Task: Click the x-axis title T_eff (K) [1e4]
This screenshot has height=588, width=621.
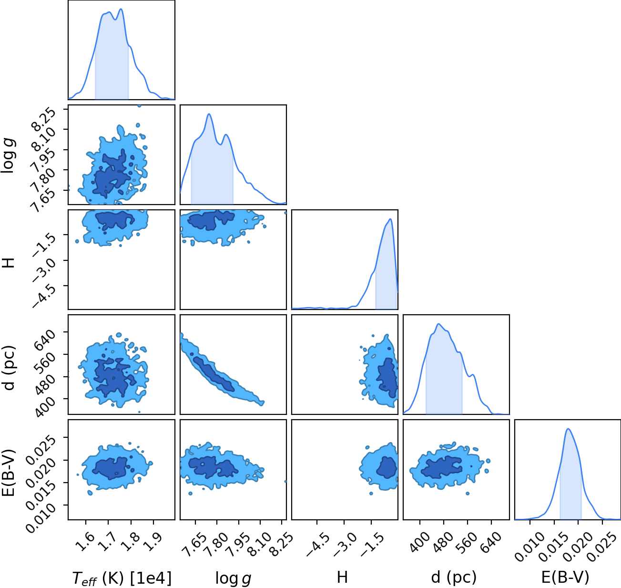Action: click(x=122, y=578)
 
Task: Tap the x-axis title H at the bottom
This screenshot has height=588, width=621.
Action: click(x=342, y=577)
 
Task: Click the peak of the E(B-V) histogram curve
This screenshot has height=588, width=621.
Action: click(x=568, y=429)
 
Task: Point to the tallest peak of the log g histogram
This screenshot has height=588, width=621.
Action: click(x=209, y=114)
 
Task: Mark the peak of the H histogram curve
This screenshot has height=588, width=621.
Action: click(x=391, y=219)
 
